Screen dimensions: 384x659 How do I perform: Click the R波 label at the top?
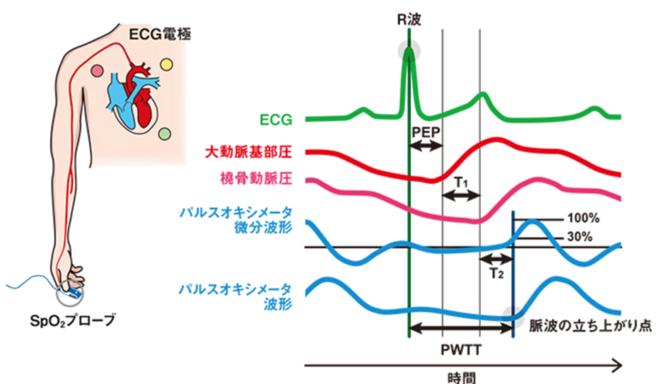pos(409,20)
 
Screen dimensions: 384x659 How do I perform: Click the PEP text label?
pos(426,132)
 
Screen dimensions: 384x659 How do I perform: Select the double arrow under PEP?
pos(426,146)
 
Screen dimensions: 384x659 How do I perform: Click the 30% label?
pos(578,238)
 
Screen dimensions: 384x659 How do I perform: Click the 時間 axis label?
pos(460,376)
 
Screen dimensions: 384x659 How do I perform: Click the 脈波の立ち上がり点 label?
pos(585,325)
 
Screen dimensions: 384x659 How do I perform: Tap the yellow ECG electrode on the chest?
pos(168,64)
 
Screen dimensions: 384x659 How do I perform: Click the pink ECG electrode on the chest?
pos(97,71)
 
